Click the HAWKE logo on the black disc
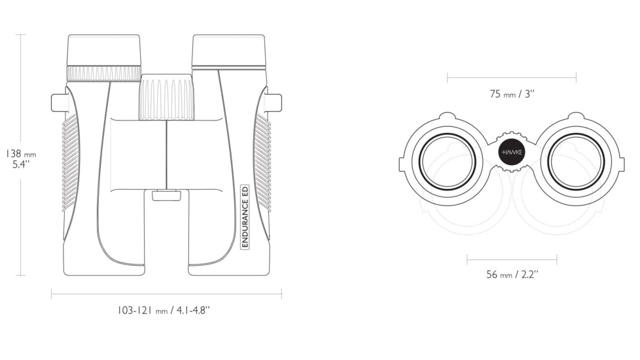pos(512,153)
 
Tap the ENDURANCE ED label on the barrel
pos(245,217)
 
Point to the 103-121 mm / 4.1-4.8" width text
pos(164,310)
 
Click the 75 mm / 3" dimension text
pos(512,94)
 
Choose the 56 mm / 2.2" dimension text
pos(512,274)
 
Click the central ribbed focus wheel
pos(166,97)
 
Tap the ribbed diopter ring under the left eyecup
pos(104,73)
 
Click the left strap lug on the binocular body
pos(58,103)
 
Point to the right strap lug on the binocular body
pos(274,103)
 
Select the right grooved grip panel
pos(262,162)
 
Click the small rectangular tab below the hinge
pos(166,196)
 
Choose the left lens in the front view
pos(448,161)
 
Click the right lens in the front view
pos(575,161)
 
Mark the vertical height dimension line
pos(21,155)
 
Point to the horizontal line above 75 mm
pos(512,77)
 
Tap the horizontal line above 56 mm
pos(512,259)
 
